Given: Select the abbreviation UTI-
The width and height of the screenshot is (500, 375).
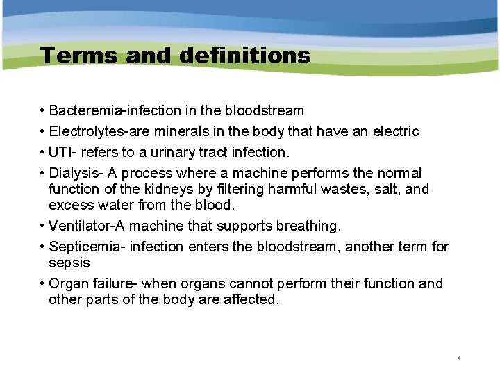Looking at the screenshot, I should click(x=63, y=152).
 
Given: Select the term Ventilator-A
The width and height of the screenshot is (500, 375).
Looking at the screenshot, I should click(x=87, y=226).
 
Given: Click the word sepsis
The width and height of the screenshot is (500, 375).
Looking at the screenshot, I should click(x=69, y=263).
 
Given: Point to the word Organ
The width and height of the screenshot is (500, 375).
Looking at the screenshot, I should click(x=68, y=284).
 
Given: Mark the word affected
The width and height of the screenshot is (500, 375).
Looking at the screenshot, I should click(x=251, y=300).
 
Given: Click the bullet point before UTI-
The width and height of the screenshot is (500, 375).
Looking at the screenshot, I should click(x=43, y=152).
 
